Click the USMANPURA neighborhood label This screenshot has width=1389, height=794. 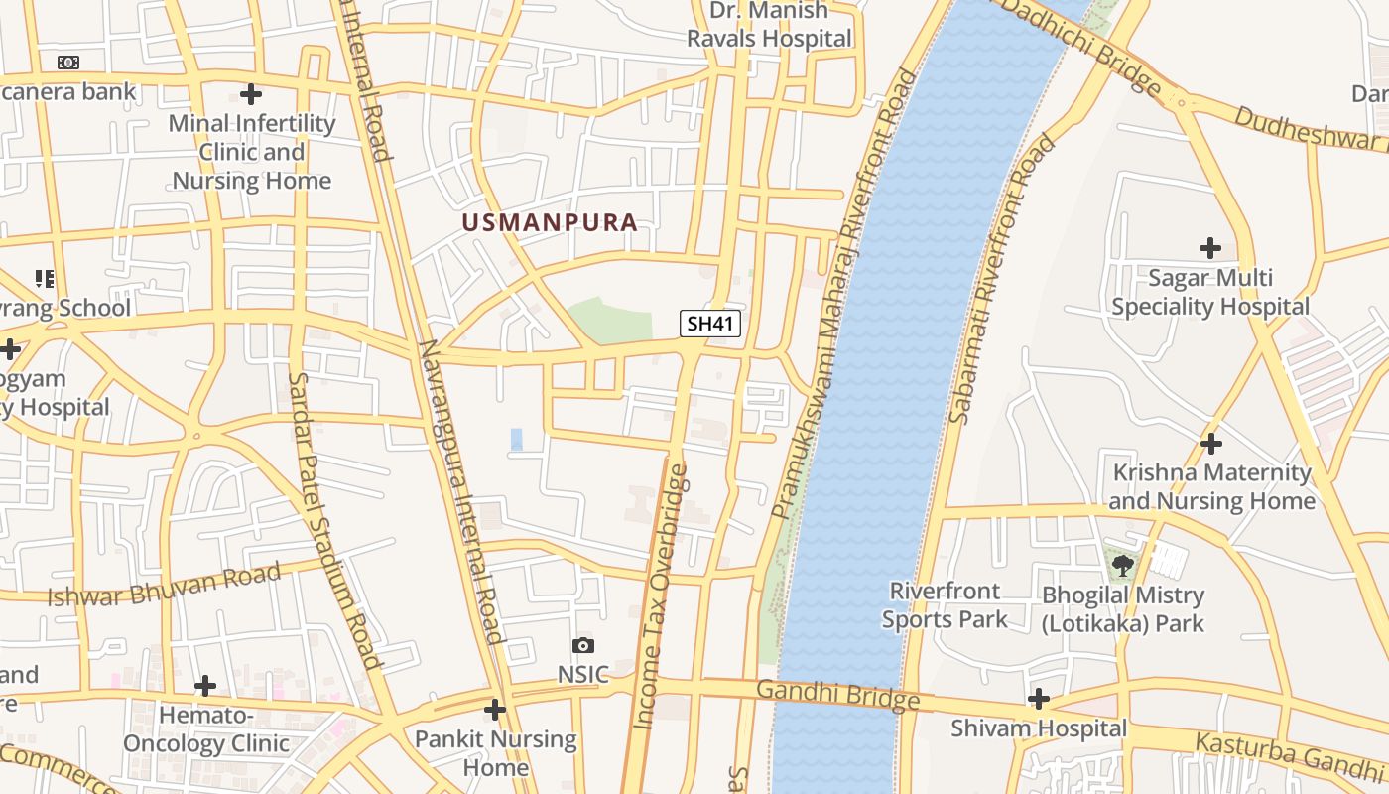point(549,222)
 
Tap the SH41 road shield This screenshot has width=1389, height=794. point(710,324)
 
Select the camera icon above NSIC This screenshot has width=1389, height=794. point(582,646)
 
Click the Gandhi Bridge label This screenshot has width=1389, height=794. point(837,695)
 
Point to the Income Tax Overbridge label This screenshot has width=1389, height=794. point(660,595)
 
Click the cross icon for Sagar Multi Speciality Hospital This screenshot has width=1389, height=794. point(1209,248)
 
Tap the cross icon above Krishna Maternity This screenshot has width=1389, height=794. point(1210,443)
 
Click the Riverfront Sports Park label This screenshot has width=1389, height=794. point(945,605)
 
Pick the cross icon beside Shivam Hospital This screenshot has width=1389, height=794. point(1039,699)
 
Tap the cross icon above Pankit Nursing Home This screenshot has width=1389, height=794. point(494,709)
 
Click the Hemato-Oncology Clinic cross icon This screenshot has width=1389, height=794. point(204,686)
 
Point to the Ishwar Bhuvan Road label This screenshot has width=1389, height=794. point(165,585)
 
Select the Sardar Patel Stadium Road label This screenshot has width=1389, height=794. point(333,521)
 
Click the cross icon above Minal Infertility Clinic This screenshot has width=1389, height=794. point(251,94)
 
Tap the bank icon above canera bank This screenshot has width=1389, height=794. point(67,63)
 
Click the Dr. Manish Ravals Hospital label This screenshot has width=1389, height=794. point(769,25)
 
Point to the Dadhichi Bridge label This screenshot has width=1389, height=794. point(1081,46)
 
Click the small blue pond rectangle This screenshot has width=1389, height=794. point(516,439)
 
